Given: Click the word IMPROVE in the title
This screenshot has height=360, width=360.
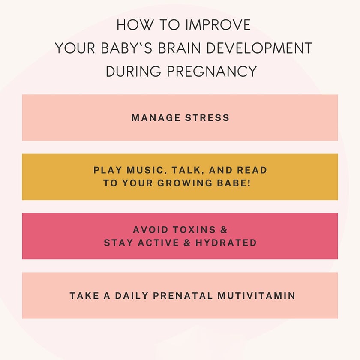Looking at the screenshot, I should (x=218, y=25).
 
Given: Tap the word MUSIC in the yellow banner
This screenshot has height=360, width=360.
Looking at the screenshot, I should (x=146, y=170).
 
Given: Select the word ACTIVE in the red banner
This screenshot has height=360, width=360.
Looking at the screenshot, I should (x=160, y=243).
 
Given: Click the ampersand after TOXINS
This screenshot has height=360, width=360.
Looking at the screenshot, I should (x=224, y=230).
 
